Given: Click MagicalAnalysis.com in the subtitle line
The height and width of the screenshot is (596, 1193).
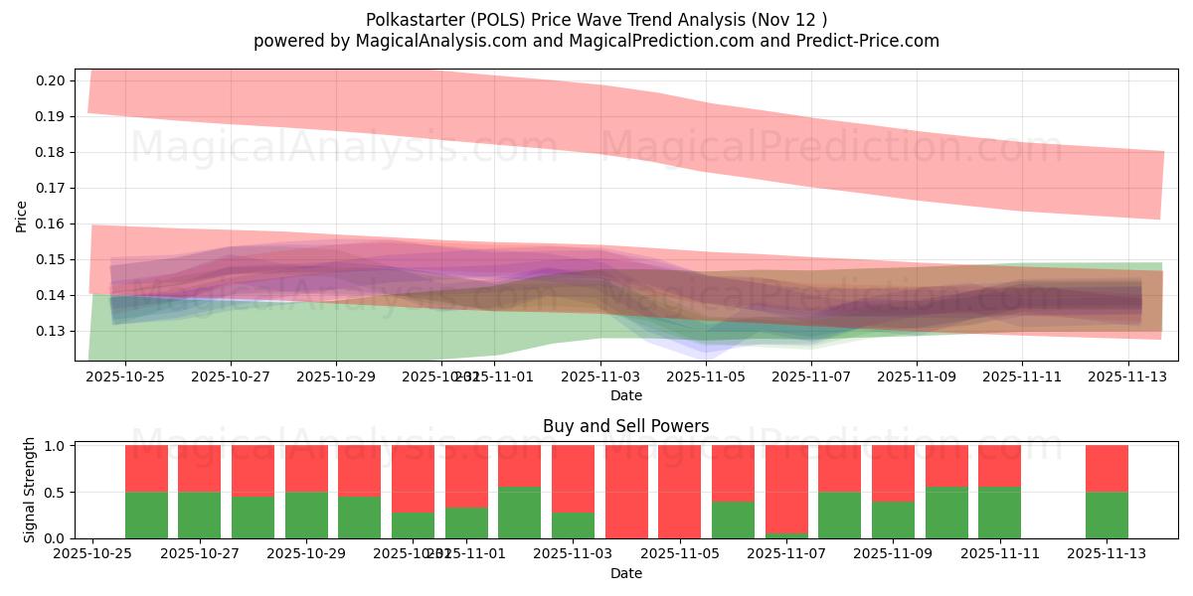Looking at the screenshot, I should (x=433, y=41).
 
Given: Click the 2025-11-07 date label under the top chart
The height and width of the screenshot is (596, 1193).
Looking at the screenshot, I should (x=811, y=377).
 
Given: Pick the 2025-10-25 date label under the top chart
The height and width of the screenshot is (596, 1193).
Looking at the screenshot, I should (x=125, y=377).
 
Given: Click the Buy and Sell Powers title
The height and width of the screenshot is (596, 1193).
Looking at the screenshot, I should (x=625, y=426).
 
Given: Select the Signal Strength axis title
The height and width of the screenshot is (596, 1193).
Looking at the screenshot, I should (x=30, y=490).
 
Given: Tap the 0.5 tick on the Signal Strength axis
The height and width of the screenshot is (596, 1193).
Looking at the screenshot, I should (x=57, y=492).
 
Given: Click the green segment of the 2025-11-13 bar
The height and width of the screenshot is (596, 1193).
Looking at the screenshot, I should (x=1107, y=515).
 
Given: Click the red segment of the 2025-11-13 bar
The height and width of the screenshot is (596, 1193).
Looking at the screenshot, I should (x=1107, y=468).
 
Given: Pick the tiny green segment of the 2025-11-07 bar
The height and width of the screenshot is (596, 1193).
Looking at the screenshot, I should (x=786, y=535).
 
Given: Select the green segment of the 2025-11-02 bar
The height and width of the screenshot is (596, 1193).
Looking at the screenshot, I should (x=520, y=513).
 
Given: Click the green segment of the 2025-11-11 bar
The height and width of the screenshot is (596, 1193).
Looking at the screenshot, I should (x=999, y=513).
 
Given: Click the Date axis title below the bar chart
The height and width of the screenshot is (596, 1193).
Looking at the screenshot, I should (x=625, y=573).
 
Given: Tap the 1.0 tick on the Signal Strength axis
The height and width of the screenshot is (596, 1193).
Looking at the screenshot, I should (x=57, y=446).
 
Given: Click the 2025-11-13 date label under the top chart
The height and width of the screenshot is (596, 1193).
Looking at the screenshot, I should (x=1127, y=377).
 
